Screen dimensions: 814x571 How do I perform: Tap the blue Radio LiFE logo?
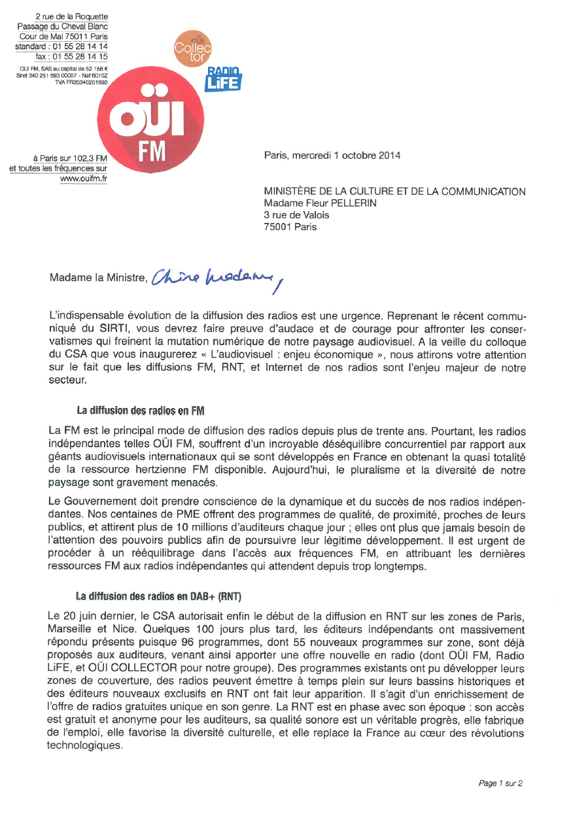(x=224, y=79)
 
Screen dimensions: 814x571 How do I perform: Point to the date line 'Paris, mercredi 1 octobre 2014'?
(x=332, y=156)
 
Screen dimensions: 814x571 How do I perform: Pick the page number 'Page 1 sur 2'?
(x=500, y=783)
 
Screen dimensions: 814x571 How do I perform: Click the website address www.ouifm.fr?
(x=84, y=178)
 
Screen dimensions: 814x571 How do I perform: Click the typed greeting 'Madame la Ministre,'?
(x=97, y=278)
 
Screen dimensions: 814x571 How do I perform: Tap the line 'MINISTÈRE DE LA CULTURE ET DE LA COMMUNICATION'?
(x=394, y=192)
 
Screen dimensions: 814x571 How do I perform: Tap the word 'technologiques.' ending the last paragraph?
(x=85, y=745)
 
